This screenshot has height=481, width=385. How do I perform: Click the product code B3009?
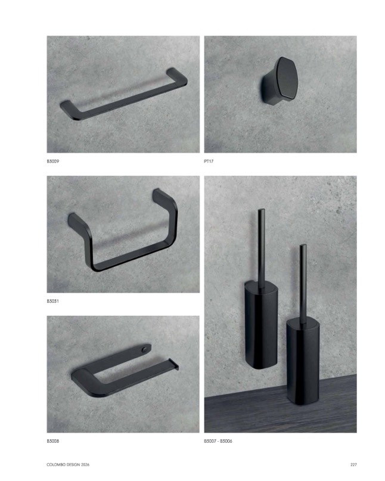(53, 162)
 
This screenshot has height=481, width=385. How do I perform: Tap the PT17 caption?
(209, 162)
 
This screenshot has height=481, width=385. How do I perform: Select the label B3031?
(53, 301)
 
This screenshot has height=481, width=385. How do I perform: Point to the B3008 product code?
(53, 441)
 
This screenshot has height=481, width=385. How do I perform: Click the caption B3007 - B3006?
(218, 441)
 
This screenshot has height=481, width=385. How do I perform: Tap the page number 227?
(353, 465)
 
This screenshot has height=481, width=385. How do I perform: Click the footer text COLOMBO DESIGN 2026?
(68, 465)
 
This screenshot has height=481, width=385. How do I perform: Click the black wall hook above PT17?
(280, 80)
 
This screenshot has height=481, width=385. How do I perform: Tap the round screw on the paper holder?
(145, 349)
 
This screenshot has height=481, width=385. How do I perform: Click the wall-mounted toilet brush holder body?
(262, 325)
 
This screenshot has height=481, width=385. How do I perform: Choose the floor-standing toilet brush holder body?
(303, 362)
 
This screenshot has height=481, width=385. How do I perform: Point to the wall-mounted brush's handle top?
(262, 210)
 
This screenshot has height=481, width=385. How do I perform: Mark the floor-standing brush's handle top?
(303, 246)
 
